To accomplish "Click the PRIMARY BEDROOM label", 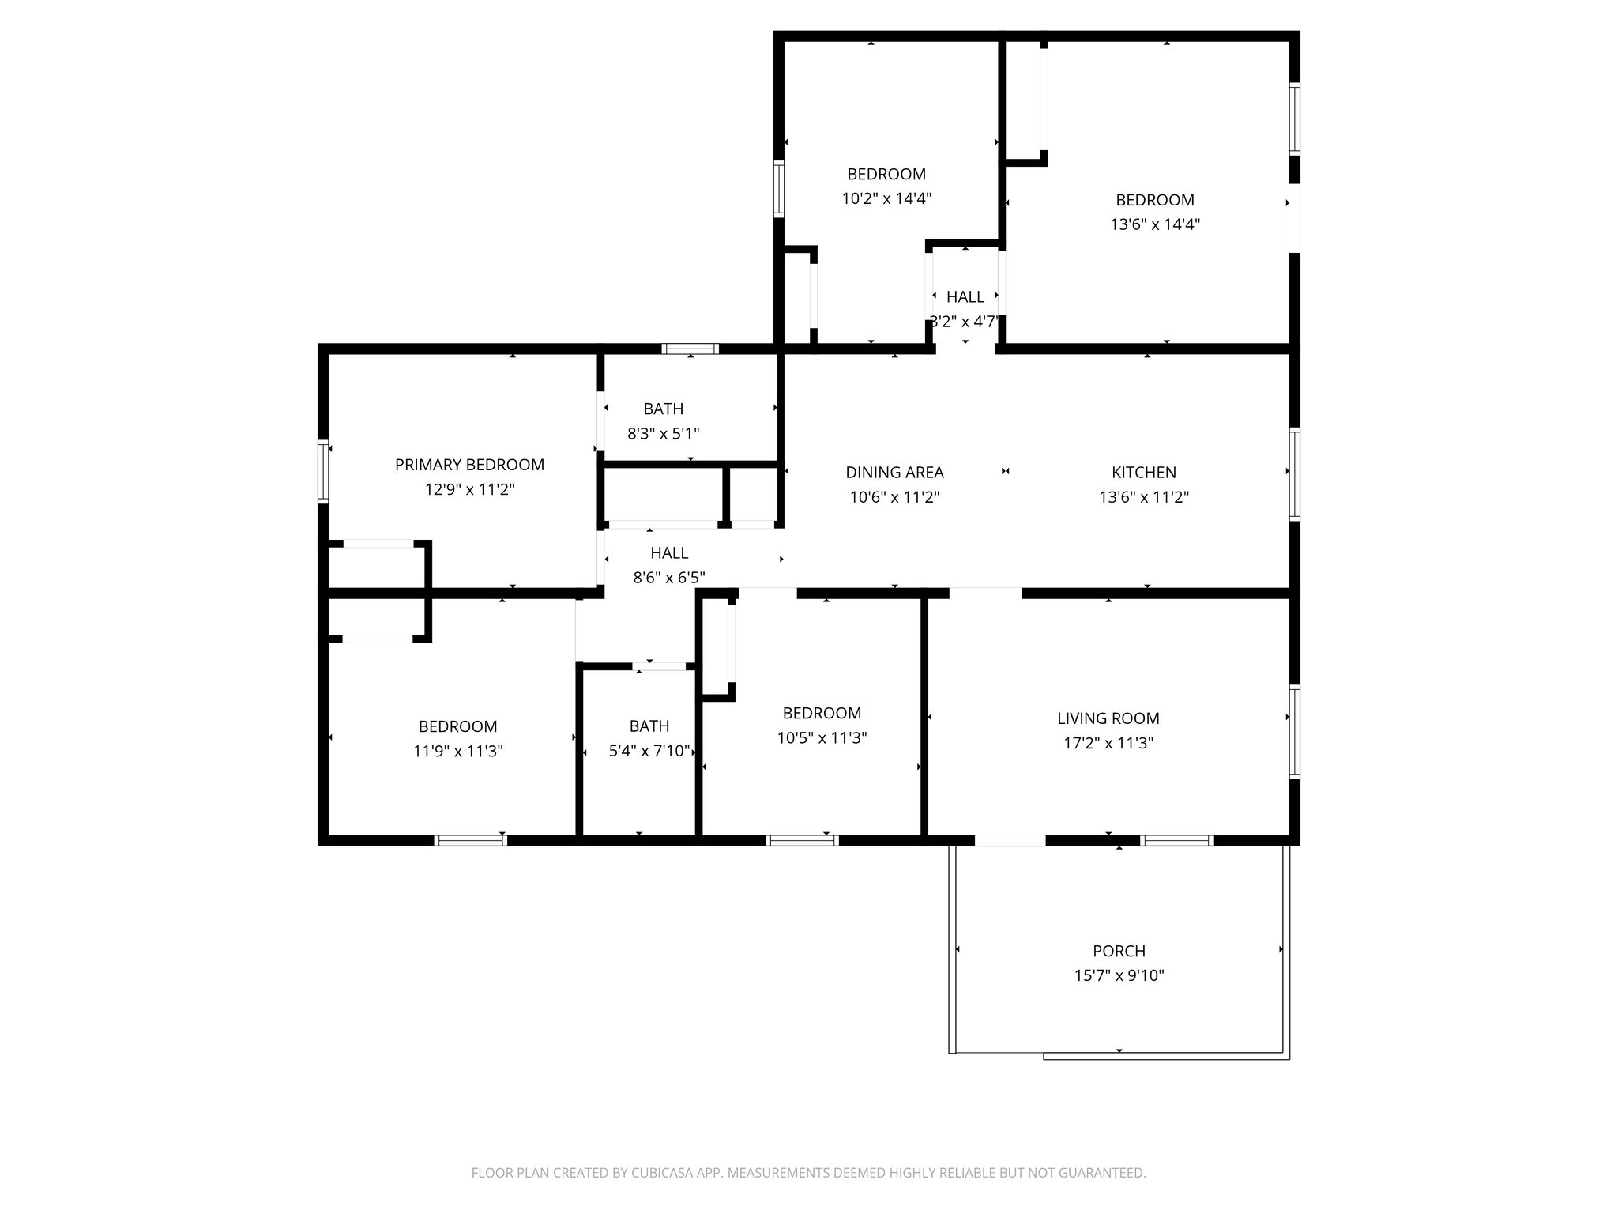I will pos(469,465).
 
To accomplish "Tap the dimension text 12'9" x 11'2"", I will pos(469,489).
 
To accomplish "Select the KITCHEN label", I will pos(1143,473).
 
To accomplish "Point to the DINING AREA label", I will pos(894,473).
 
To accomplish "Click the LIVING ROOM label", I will pos(1108,718).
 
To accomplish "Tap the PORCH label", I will pos(1119,951).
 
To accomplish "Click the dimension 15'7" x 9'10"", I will pos(1119,975).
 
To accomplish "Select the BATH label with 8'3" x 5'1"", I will pos(663,409).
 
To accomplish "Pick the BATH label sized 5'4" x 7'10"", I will pos(649,726).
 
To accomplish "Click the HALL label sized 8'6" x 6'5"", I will pos(669,552).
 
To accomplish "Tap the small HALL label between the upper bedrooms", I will pos(965,296).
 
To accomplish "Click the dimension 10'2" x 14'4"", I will pos(886,198).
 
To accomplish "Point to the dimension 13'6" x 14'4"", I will pos(1154,224).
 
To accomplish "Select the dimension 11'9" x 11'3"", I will pos(457,751).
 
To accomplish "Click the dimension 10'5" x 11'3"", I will pos(822,737).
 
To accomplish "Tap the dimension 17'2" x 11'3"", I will pos(1108,743).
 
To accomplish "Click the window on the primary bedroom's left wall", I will pos(323,471).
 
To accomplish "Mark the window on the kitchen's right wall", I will pos(1294,474).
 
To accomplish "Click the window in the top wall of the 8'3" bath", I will pos(690,349).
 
